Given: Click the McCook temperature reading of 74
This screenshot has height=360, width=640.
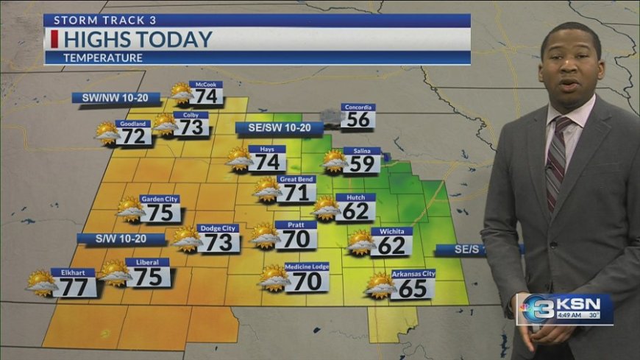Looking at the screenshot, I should coord(208,96).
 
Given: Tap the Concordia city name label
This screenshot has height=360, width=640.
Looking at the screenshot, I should coord(358,107).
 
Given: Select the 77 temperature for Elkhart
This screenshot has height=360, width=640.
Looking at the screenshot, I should coord(74,287).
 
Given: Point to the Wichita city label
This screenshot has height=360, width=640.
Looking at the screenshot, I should coord(391,231).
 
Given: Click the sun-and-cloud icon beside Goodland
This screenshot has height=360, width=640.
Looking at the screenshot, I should coord(107,133).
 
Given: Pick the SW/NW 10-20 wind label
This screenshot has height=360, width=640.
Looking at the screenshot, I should coord(105,97).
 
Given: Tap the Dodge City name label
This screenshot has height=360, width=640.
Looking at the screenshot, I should coord(218,228).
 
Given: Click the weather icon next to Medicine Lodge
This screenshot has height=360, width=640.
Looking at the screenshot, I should coord(274,278).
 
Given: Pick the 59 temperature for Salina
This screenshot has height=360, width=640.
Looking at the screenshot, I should coord(363,163).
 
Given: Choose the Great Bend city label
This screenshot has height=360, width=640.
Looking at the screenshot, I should coord(297,179).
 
